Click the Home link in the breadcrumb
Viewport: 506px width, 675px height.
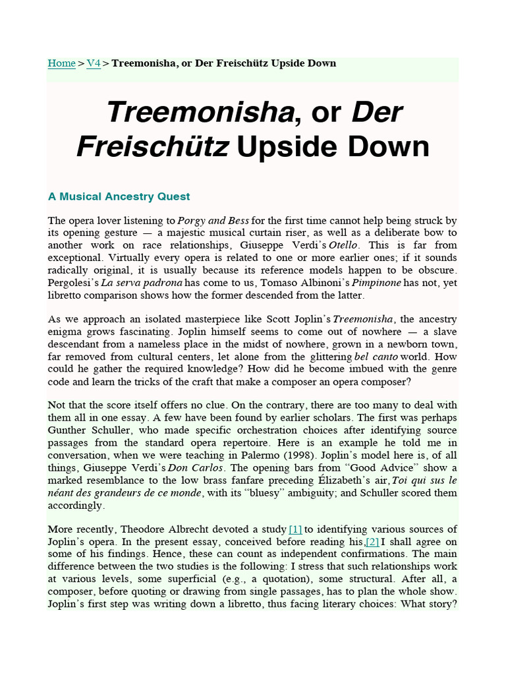click(61, 63)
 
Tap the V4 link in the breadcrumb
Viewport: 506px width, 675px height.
click(94, 63)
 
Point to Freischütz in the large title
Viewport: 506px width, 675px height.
click(153, 146)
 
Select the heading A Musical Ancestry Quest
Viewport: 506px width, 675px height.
click(119, 196)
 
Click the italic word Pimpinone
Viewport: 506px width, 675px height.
click(369, 282)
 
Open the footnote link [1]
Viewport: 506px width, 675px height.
click(295, 529)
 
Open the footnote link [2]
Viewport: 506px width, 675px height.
click(373, 542)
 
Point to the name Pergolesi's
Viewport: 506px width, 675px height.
click(72, 282)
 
